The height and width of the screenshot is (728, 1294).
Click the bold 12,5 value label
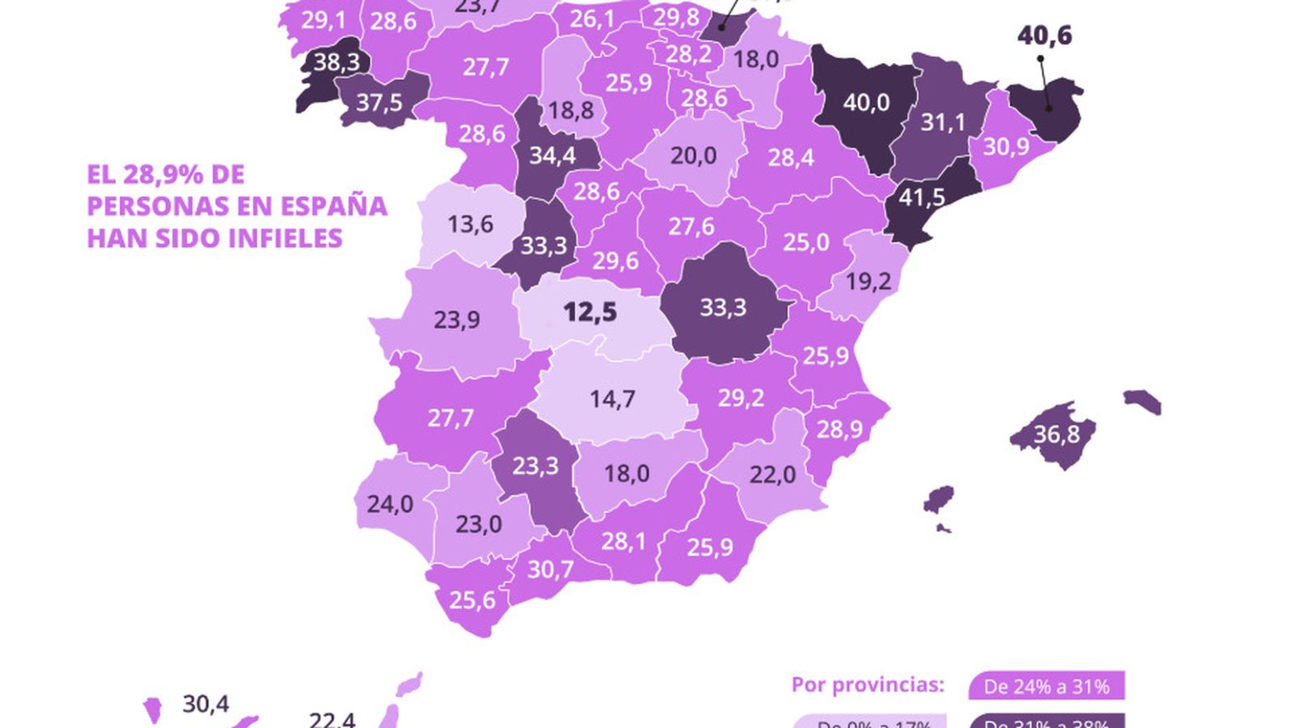[590, 311]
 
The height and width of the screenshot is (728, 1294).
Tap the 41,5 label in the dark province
[921, 197]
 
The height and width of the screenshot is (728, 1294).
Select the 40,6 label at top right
[1044, 36]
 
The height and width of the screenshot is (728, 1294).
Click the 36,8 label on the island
[1056, 434]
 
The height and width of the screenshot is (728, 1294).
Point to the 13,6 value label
[470, 224]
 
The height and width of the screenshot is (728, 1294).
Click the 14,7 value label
[612, 399]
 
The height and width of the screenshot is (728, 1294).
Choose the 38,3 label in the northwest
[336, 61]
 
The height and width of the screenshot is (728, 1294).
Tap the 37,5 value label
[378, 103]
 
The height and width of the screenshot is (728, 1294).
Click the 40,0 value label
[865, 103]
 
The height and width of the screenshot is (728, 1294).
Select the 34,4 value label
[552, 155]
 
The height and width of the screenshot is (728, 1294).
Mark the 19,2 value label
[868, 281]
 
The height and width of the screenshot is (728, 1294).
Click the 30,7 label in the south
[550, 569]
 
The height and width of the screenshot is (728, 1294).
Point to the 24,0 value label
[390, 504]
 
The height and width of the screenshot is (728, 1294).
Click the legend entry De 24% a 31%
[1046, 687]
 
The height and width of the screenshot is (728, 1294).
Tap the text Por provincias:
[867, 685]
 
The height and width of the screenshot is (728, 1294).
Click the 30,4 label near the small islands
[205, 704]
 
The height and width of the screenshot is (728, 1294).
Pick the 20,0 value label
[693, 155]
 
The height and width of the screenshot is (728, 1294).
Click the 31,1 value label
[943, 122]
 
